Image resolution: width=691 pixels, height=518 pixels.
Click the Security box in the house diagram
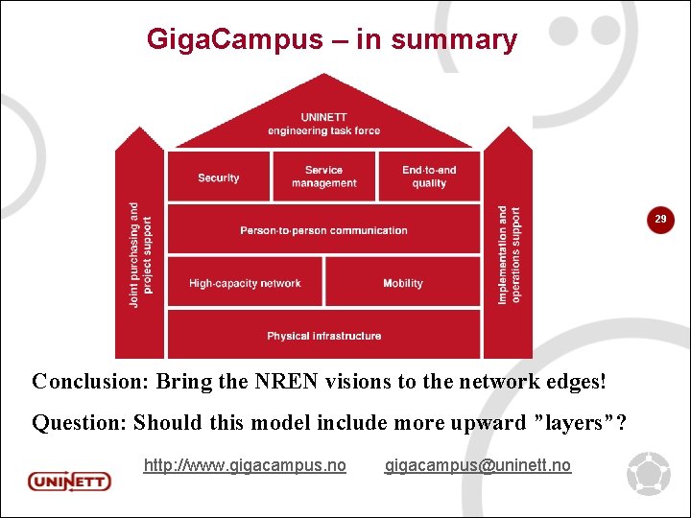tap(218, 177)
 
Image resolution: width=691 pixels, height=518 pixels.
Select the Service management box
tap(323, 177)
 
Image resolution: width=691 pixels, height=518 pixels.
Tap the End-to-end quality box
tap(429, 177)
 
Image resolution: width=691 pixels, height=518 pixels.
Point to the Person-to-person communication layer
tap(323, 230)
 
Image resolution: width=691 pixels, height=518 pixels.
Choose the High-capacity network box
tap(245, 283)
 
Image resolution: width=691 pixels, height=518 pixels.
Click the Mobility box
tap(403, 283)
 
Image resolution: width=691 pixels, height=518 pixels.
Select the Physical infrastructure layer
tap(323, 336)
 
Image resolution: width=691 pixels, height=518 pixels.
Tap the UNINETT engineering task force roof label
tap(323, 124)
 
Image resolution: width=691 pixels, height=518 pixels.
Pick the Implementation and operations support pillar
tap(509, 254)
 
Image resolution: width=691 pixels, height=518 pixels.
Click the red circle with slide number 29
tap(660, 221)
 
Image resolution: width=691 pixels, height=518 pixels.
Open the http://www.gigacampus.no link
tap(245, 465)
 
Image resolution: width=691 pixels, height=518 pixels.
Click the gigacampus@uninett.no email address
tap(478, 465)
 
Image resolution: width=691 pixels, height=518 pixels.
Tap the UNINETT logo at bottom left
tap(69, 480)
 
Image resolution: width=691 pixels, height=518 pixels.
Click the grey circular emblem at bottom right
tap(649, 474)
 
